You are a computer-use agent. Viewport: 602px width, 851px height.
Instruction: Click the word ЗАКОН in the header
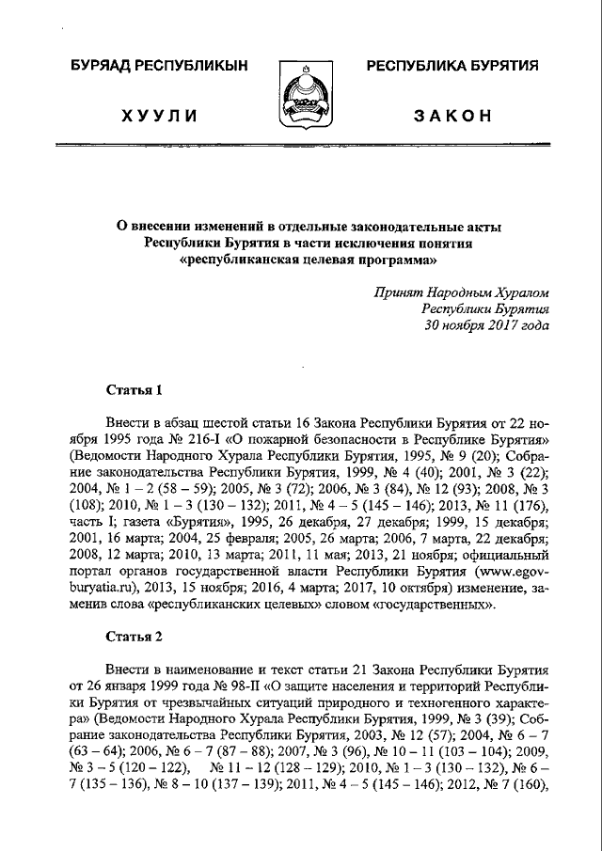(x=452, y=116)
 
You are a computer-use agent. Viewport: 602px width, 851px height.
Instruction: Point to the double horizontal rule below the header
(x=301, y=147)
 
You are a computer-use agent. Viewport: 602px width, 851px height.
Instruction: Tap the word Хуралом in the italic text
(x=515, y=293)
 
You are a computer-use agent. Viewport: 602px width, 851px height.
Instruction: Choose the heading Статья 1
(x=134, y=389)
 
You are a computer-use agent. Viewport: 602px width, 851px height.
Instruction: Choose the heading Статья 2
(x=134, y=636)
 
